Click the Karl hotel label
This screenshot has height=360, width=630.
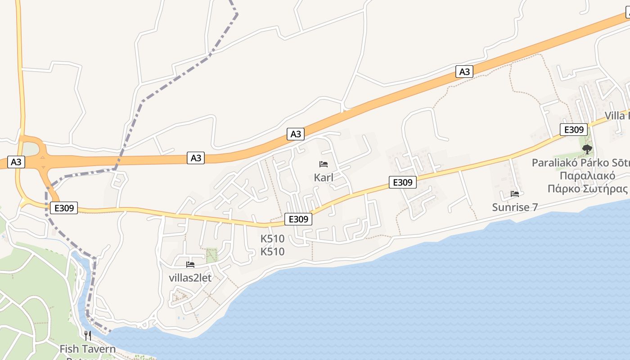tap(324, 177)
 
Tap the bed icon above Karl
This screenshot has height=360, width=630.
tap(324, 164)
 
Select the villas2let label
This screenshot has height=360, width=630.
tap(190, 278)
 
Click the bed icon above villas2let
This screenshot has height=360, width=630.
tap(190, 265)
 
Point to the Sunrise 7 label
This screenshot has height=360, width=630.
tap(515, 207)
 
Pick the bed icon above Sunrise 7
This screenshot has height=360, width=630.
tap(515, 194)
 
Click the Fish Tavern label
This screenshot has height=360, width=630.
tap(87, 349)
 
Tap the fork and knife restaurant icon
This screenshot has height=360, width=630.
tap(88, 335)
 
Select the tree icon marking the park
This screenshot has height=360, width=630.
tap(587, 149)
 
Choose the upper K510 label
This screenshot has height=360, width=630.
tap(273, 238)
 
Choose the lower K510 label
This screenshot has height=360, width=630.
tap(273, 252)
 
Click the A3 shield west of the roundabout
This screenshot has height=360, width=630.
tap(16, 162)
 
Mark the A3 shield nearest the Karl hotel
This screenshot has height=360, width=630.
tap(295, 134)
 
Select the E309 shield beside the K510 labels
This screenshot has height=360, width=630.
tap(298, 219)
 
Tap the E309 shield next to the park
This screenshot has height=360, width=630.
tap(574, 130)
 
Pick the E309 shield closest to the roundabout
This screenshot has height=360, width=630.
tap(63, 208)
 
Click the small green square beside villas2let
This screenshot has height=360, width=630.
tap(211, 255)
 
